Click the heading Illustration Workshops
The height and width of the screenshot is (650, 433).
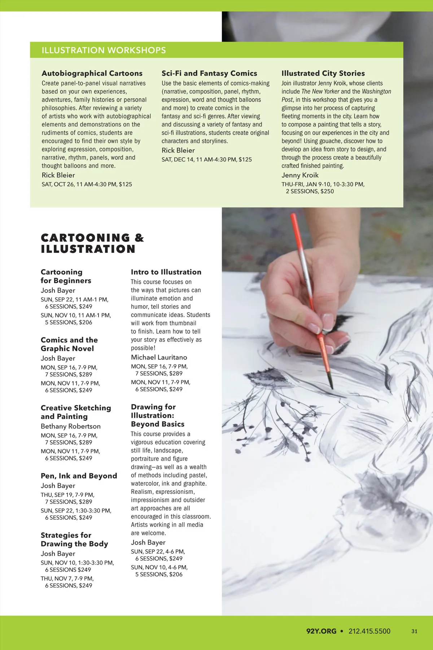pyautogui.click(x=104, y=50)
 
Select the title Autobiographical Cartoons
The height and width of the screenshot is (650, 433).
pyautogui.click(x=92, y=73)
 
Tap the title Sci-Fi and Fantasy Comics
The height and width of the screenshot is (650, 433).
pyautogui.click(x=209, y=73)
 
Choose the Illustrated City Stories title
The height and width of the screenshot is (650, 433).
pyautogui.click(x=323, y=73)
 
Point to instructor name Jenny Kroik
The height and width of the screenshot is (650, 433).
pyautogui.click(x=300, y=175)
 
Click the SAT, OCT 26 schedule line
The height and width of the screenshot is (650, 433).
pyautogui.click(x=87, y=184)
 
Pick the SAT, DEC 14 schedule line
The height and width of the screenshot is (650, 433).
pyautogui.click(x=206, y=159)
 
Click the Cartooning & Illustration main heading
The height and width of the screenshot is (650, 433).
pyautogui.click(x=92, y=243)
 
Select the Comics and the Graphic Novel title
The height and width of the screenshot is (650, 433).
pyautogui.click(x=69, y=344)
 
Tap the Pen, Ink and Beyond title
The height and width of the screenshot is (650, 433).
pyautogui.click(x=79, y=476)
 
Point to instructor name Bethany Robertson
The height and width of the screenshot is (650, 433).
pyautogui.click(x=70, y=426)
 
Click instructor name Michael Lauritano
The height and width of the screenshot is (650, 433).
pyautogui.click(x=159, y=357)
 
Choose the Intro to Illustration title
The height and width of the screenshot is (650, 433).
pyautogui.click(x=166, y=272)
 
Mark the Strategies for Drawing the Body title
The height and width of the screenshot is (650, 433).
pyautogui.click(x=74, y=539)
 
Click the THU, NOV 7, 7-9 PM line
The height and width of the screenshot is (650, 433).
pyautogui.click(x=67, y=578)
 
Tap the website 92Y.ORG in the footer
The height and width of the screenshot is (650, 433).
pyautogui.click(x=321, y=631)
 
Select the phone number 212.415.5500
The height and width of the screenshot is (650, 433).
pyautogui.click(x=369, y=631)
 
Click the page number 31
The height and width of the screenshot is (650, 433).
pyautogui.click(x=414, y=631)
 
